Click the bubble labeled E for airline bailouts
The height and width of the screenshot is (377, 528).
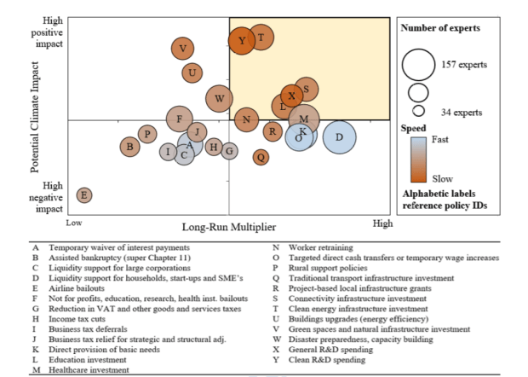pyautogui.click(x=84, y=195)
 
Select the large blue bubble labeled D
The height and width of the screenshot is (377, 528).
pyautogui.click(x=338, y=136)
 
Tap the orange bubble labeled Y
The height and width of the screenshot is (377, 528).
pyautogui.click(x=242, y=40)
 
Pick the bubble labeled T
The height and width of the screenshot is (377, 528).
pyautogui.click(x=261, y=38)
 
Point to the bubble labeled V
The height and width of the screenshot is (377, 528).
pyautogui.click(x=182, y=49)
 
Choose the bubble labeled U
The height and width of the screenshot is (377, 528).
pyautogui.click(x=193, y=72)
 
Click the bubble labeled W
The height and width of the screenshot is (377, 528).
pyautogui.click(x=219, y=100)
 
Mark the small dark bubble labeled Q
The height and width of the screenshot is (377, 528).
pyautogui.click(x=261, y=156)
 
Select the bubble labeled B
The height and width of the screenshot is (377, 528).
pyautogui.click(x=130, y=148)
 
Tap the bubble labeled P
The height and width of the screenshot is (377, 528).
pyautogui.click(x=147, y=134)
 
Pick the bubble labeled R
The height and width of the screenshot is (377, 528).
pyautogui.click(x=273, y=131)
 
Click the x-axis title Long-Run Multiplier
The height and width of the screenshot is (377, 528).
pyautogui.click(x=228, y=226)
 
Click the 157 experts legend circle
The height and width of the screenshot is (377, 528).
pyautogui.click(x=418, y=63)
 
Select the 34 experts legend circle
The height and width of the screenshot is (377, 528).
pyautogui.click(x=418, y=111)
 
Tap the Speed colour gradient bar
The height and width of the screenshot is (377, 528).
pyautogui.click(x=417, y=159)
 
